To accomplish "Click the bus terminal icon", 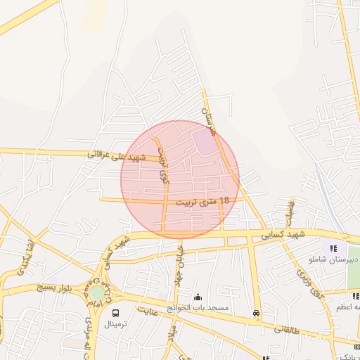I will click(115, 313).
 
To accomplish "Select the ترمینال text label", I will click(115, 325).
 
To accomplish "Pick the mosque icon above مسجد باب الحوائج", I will click(198, 297).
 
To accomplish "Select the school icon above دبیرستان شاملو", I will click(334, 248).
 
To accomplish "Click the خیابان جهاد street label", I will click(180, 261).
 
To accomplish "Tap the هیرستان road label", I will click(209, 120).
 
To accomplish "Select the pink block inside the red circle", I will click(205, 144).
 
